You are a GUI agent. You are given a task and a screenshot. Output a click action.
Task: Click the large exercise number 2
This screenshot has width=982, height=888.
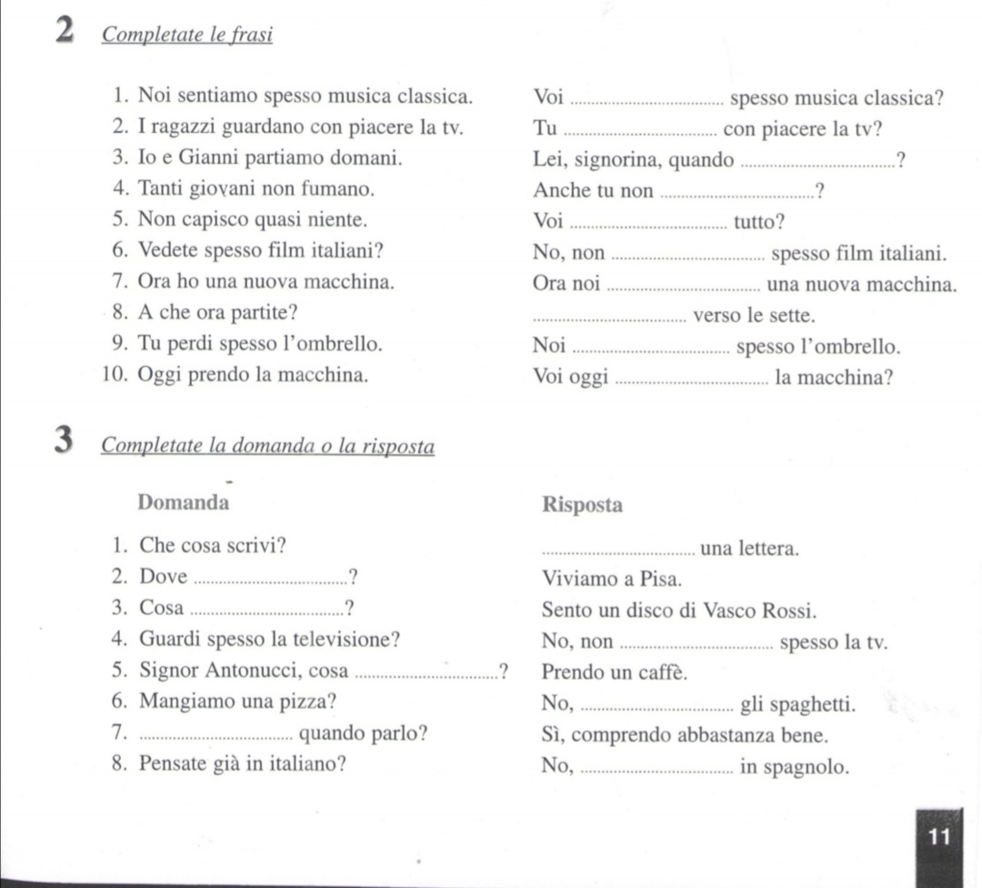coord(64,32)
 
